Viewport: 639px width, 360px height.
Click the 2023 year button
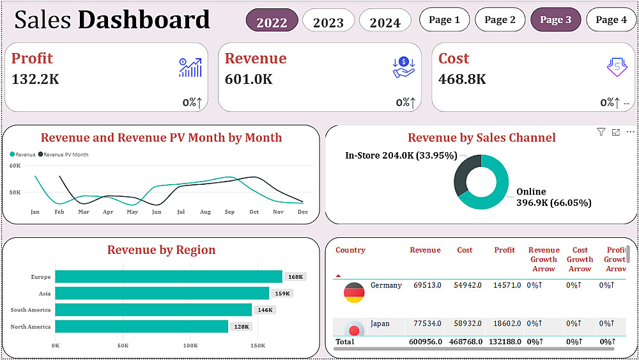[328, 21]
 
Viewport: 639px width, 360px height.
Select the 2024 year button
[385, 21]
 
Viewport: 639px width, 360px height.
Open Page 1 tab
[444, 20]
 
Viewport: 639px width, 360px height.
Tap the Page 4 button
[611, 20]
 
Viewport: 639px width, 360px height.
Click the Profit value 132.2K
[36, 79]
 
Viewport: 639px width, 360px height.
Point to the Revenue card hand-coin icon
[404, 67]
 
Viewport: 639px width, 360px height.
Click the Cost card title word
[454, 59]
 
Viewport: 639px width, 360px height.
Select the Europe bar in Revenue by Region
[169, 276]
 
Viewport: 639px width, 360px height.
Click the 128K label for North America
[242, 327]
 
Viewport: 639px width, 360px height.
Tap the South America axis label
[31, 310]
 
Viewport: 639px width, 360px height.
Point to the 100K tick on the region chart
[190, 345]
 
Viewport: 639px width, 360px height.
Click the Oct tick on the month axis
[254, 212]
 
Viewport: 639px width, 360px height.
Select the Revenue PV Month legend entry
[64, 155]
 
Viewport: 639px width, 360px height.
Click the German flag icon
[354, 292]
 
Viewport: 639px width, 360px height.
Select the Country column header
[350, 250]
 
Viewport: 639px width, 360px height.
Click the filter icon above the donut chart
[601, 132]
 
